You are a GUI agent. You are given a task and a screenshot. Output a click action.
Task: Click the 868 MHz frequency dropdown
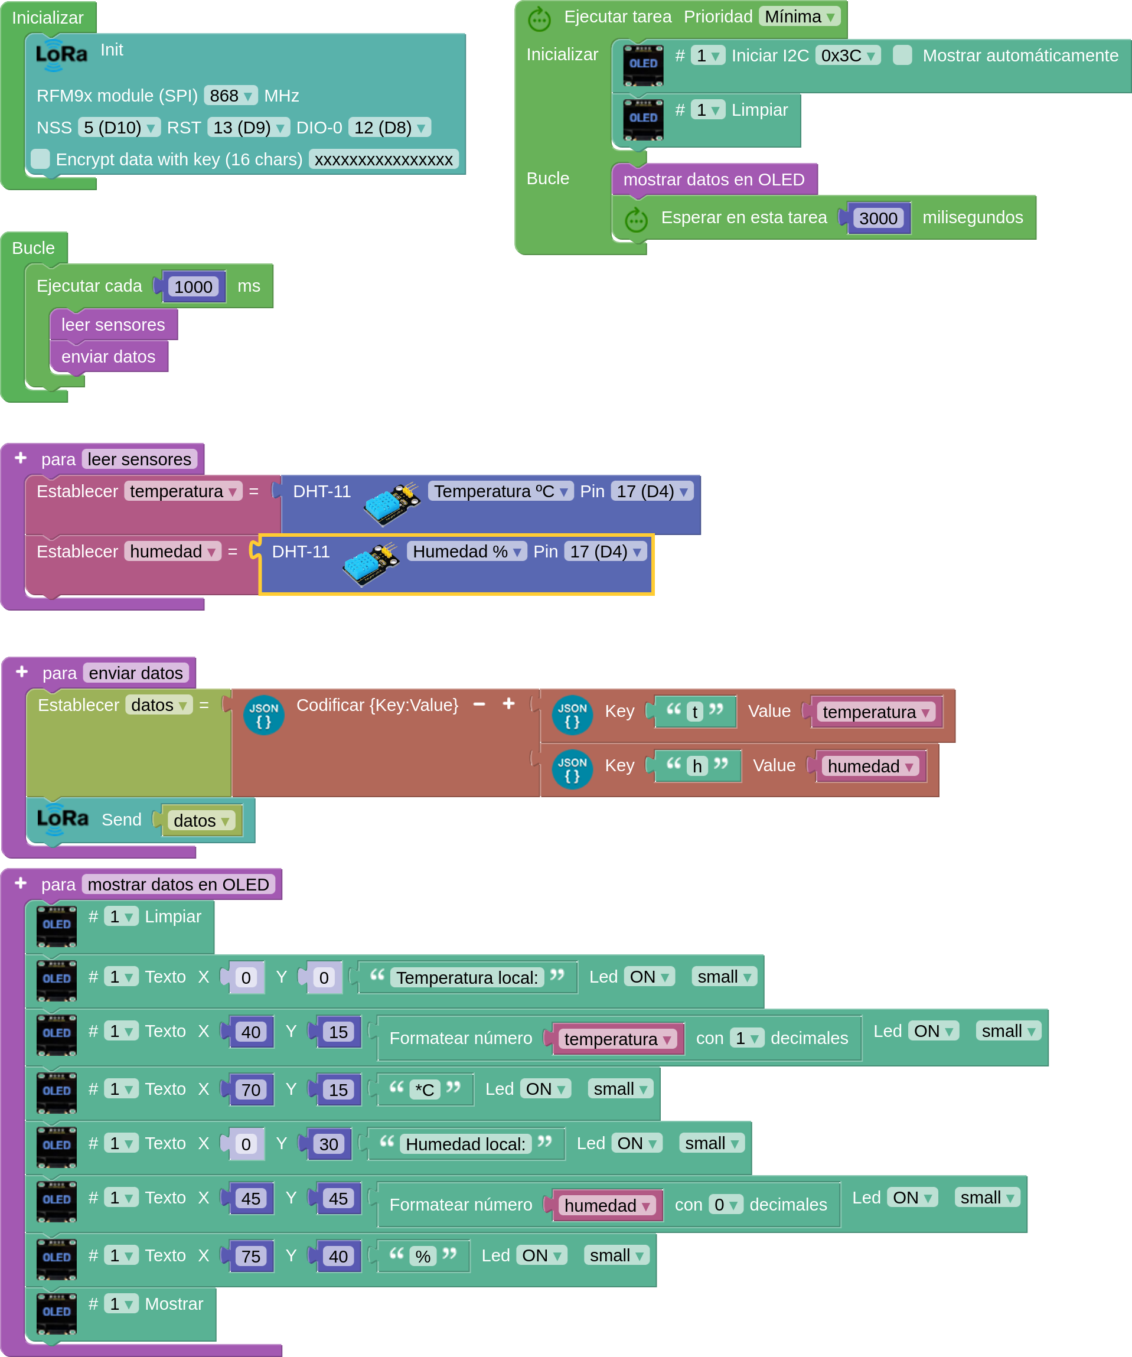(x=231, y=96)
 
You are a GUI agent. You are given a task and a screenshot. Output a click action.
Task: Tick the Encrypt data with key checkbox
(x=40, y=159)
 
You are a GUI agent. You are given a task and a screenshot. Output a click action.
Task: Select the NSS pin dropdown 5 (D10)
(x=119, y=128)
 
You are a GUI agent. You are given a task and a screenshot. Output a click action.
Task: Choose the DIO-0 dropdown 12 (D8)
(x=390, y=128)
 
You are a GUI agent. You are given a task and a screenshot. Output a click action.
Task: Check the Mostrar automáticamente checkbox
(x=902, y=55)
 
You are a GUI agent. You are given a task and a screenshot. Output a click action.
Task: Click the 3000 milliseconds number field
(x=878, y=218)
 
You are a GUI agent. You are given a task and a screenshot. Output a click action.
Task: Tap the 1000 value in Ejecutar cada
(x=193, y=287)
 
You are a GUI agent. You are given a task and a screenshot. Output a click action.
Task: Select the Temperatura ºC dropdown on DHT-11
(x=501, y=492)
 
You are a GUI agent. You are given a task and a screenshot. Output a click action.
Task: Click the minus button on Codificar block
(x=479, y=704)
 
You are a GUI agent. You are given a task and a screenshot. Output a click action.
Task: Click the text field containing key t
(x=694, y=712)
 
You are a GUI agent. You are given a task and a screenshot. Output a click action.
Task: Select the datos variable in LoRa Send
(x=201, y=821)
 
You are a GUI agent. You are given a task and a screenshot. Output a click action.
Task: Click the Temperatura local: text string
(x=467, y=978)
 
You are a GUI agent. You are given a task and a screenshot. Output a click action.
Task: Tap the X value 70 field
(x=251, y=1090)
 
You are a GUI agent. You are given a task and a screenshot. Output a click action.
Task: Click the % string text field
(x=423, y=1257)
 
